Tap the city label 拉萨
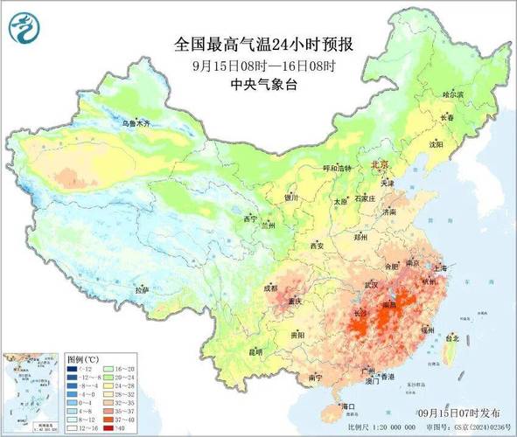click(x=141, y=289)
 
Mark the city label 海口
click(x=348, y=406)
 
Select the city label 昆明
click(x=255, y=352)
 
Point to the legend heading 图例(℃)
click(x=85, y=359)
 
